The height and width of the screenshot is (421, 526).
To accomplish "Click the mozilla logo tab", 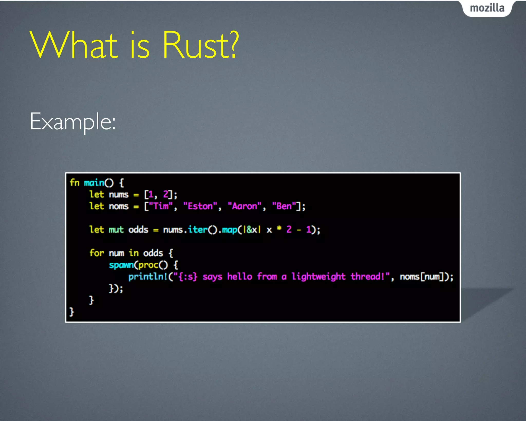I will point(487,8).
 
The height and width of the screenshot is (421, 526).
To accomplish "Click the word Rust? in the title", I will point(201,45).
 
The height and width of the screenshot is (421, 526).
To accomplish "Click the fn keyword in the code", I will point(74,182).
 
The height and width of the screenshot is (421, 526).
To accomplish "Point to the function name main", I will point(94,183).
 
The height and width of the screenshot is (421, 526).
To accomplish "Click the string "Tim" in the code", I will point(161,206).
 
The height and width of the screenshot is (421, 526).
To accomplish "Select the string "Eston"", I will point(200,206).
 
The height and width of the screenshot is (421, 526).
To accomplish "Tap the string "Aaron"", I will point(245,206).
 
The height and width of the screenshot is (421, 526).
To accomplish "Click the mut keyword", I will point(116,230).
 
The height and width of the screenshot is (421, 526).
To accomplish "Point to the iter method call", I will point(198,230).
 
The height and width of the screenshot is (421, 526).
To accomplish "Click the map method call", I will point(229,230).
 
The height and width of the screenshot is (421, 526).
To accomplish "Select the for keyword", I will point(97,253).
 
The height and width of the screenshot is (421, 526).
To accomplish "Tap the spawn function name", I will point(121,265).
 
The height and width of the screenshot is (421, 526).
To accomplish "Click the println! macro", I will point(148,277).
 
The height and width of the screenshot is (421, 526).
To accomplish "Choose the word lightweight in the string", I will point(318,277).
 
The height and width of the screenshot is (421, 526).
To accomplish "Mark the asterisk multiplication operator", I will point(279,229).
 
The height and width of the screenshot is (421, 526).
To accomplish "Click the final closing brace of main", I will point(72,312).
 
